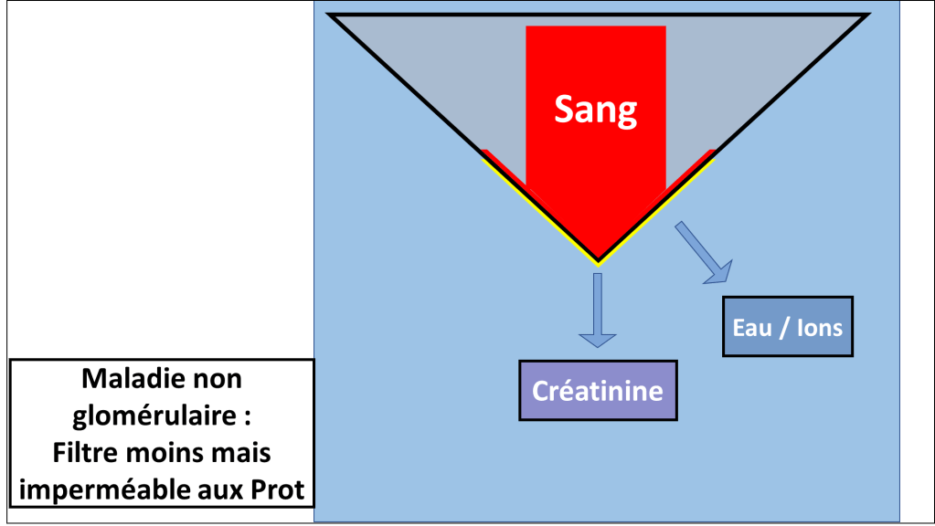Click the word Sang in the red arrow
(x=595, y=110)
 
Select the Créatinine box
(x=598, y=390)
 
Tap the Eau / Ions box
(x=788, y=327)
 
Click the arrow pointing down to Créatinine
(x=598, y=310)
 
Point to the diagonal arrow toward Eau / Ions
(x=704, y=251)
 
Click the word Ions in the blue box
(x=818, y=327)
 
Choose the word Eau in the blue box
(x=752, y=327)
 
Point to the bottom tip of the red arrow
(x=598, y=259)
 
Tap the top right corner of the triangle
(x=866, y=16)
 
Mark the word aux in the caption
(x=224, y=490)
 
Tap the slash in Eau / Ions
(x=783, y=327)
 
